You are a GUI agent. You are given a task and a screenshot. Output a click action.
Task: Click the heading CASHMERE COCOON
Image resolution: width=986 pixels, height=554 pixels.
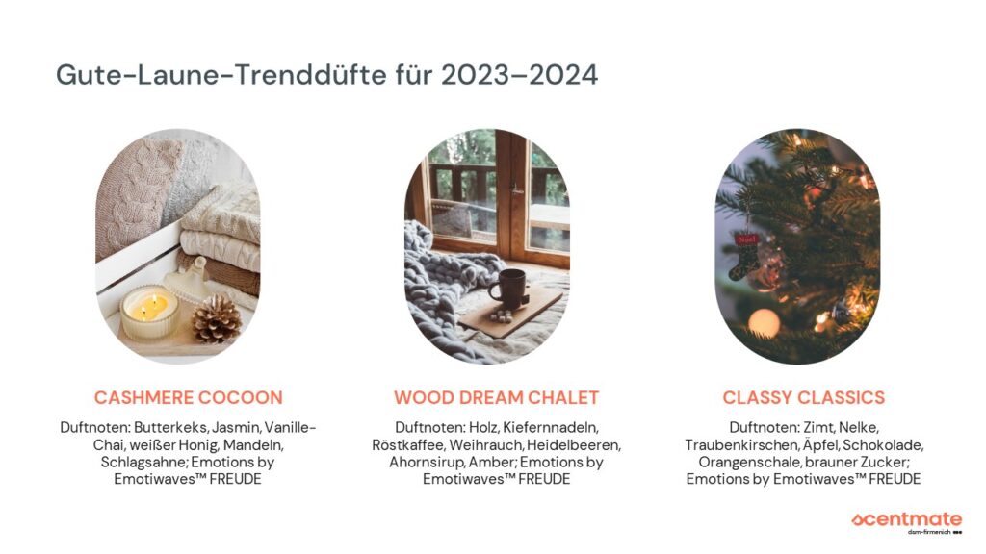pyautogui.click(x=188, y=397)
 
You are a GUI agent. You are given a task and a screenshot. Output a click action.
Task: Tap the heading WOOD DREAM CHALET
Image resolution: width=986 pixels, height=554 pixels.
pyautogui.click(x=496, y=397)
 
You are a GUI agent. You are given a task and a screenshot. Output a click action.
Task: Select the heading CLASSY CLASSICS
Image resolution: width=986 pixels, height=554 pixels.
pyautogui.click(x=804, y=397)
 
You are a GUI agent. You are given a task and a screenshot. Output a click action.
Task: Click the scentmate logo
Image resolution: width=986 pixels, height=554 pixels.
pyautogui.click(x=907, y=522)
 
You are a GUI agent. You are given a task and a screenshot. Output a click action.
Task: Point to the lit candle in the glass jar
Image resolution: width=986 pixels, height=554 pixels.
pyautogui.click(x=149, y=313)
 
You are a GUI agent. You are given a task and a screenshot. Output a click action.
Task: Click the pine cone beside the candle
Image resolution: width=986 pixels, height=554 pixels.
pyautogui.click(x=217, y=319)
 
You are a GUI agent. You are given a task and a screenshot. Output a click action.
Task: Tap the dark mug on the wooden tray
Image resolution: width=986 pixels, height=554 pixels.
pyautogui.click(x=509, y=289)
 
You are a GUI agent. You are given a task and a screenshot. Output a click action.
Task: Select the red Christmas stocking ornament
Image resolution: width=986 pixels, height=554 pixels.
pyautogui.click(x=744, y=256)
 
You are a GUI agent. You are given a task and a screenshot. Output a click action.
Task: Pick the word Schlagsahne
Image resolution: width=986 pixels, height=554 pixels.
pyautogui.click(x=143, y=463)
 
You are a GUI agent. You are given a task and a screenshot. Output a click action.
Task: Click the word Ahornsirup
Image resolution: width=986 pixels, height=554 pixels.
pyautogui.click(x=428, y=463)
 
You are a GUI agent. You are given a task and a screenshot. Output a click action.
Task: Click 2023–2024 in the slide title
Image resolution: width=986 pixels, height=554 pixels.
pyautogui.click(x=519, y=75)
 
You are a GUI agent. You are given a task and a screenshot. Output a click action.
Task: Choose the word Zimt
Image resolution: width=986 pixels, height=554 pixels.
pyautogui.click(x=818, y=428)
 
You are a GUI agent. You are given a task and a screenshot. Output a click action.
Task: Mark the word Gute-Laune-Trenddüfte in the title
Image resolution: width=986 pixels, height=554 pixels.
pyautogui.click(x=221, y=75)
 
